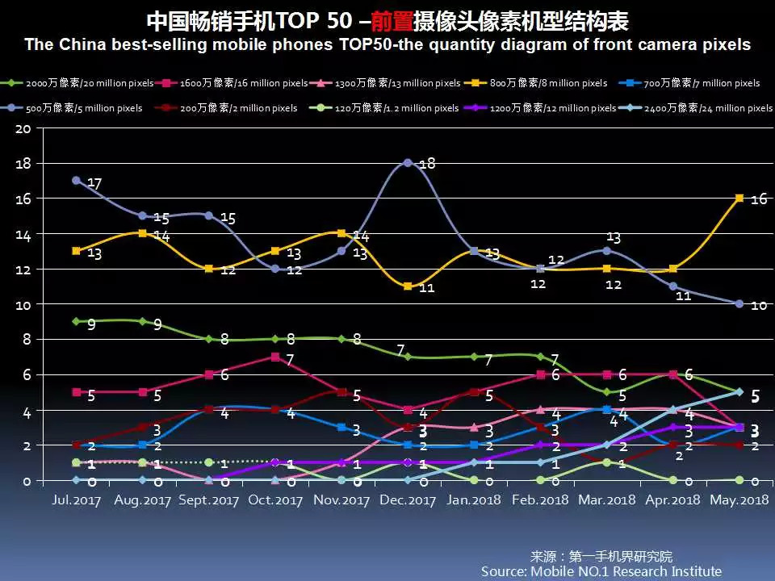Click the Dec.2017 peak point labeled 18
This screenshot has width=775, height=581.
(x=408, y=163)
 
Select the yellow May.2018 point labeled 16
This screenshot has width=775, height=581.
(x=739, y=198)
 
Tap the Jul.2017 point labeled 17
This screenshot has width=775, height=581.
(x=76, y=181)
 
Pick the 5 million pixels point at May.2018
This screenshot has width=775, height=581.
(x=739, y=304)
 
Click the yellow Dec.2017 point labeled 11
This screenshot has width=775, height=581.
(x=408, y=286)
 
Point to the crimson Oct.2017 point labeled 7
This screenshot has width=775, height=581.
(x=275, y=357)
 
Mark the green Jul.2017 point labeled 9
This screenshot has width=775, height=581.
(x=76, y=321)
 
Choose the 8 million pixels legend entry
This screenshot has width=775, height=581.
(x=566, y=83)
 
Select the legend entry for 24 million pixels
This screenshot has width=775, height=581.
(x=694, y=108)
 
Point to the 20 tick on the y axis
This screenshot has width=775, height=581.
(x=23, y=128)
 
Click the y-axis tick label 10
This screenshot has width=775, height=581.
(x=23, y=305)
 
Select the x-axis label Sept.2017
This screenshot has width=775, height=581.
(x=208, y=500)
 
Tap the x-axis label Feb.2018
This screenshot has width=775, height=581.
(x=540, y=500)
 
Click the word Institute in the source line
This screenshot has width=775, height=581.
(x=689, y=571)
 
